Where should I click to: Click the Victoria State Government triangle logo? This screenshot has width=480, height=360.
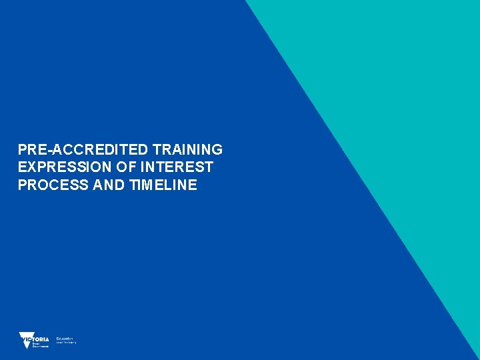click(26, 340)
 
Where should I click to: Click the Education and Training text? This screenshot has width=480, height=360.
click(66, 340)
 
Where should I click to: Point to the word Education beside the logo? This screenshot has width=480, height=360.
click(65, 338)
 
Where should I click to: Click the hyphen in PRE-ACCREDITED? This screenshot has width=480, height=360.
click(47, 150)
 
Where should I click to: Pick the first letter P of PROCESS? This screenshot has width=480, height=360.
click(23, 185)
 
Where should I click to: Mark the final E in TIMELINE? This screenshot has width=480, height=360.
click(193, 185)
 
